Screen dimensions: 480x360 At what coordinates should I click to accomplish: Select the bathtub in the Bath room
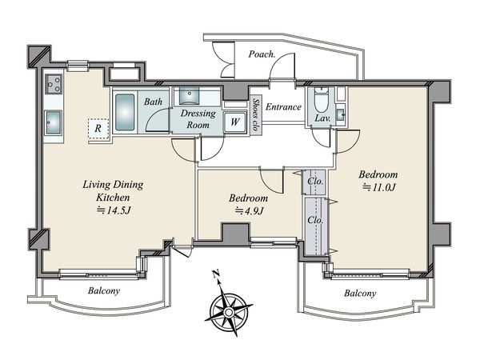click(125, 112)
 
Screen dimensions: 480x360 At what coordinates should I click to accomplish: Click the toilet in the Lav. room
click(321, 99)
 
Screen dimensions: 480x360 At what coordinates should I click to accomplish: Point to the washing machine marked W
click(234, 122)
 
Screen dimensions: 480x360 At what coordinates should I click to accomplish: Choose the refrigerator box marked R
click(98, 129)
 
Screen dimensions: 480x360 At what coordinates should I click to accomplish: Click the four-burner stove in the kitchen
click(54, 84)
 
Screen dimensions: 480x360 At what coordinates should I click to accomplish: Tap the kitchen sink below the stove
click(54, 122)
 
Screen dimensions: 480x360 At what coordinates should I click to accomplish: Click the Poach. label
click(262, 54)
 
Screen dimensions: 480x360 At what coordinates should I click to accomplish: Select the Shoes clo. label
click(256, 115)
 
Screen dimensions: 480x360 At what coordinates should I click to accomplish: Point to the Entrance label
click(283, 107)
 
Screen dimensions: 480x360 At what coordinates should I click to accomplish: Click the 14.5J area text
click(114, 210)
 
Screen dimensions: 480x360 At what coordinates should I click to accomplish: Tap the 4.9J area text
click(249, 210)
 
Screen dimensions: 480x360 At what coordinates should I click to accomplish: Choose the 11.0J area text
click(378, 187)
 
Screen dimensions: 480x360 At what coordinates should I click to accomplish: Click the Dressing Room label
click(198, 119)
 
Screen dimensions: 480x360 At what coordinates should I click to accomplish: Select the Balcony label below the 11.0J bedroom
click(360, 294)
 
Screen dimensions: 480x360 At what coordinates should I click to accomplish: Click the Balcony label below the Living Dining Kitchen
click(104, 290)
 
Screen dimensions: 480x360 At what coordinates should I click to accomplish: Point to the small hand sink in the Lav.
click(340, 114)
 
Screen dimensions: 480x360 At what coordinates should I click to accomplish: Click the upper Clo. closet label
click(315, 182)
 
